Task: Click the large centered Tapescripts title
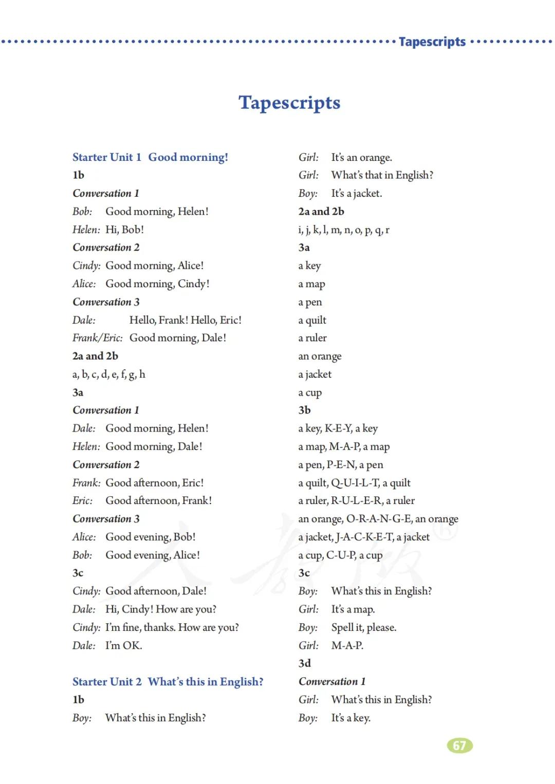[x=289, y=102]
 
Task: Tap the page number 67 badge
[x=460, y=745]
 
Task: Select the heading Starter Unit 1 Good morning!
[x=150, y=157]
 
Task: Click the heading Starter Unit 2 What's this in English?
[x=168, y=682]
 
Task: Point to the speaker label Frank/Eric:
[x=98, y=338]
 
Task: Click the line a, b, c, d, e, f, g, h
[x=109, y=374]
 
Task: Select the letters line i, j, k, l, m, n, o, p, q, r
[x=344, y=230]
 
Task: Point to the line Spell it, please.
[x=364, y=627]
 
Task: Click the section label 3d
[x=305, y=663]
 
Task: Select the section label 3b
[x=305, y=410]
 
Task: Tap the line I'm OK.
[x=124, y=645]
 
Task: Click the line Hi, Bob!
[x=125, y=230]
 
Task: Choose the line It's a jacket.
[x=357, y=193]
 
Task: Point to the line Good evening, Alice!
[x=153, y=555]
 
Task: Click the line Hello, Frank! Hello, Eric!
[x=186, y=320]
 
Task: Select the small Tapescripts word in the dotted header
[x=432, y=42]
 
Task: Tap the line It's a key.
[x=351, y=718]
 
